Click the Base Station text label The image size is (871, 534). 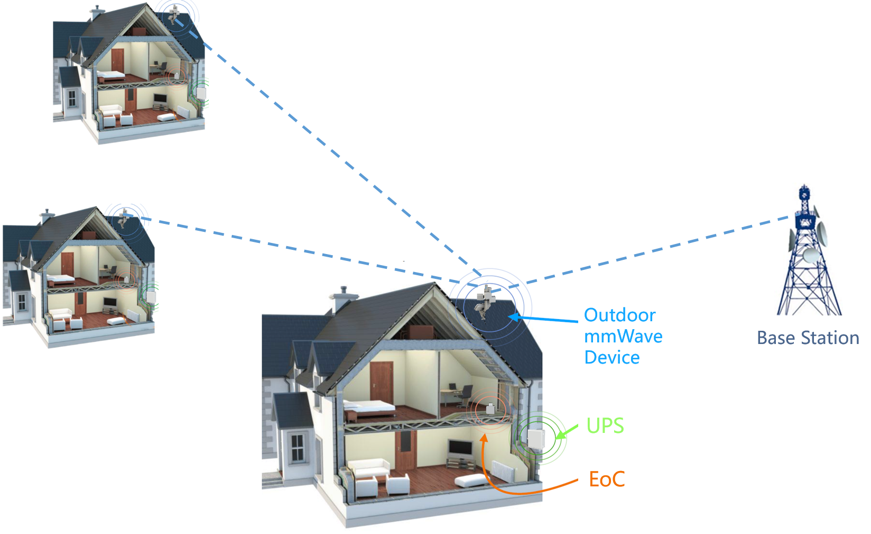click(808, 338)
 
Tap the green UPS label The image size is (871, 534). click(605, 426)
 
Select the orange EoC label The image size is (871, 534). click(607, 479)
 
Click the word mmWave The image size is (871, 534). click(623, 336)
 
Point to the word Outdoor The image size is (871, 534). click(619, 315)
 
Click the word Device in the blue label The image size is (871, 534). click(612, 357)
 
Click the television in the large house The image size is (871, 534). click(460, 448)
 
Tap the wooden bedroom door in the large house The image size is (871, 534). click(382, 381)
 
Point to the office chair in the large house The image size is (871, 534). click(465, 394)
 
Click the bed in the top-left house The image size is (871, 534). click(111, 75)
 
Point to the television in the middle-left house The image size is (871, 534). click(110, 302)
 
